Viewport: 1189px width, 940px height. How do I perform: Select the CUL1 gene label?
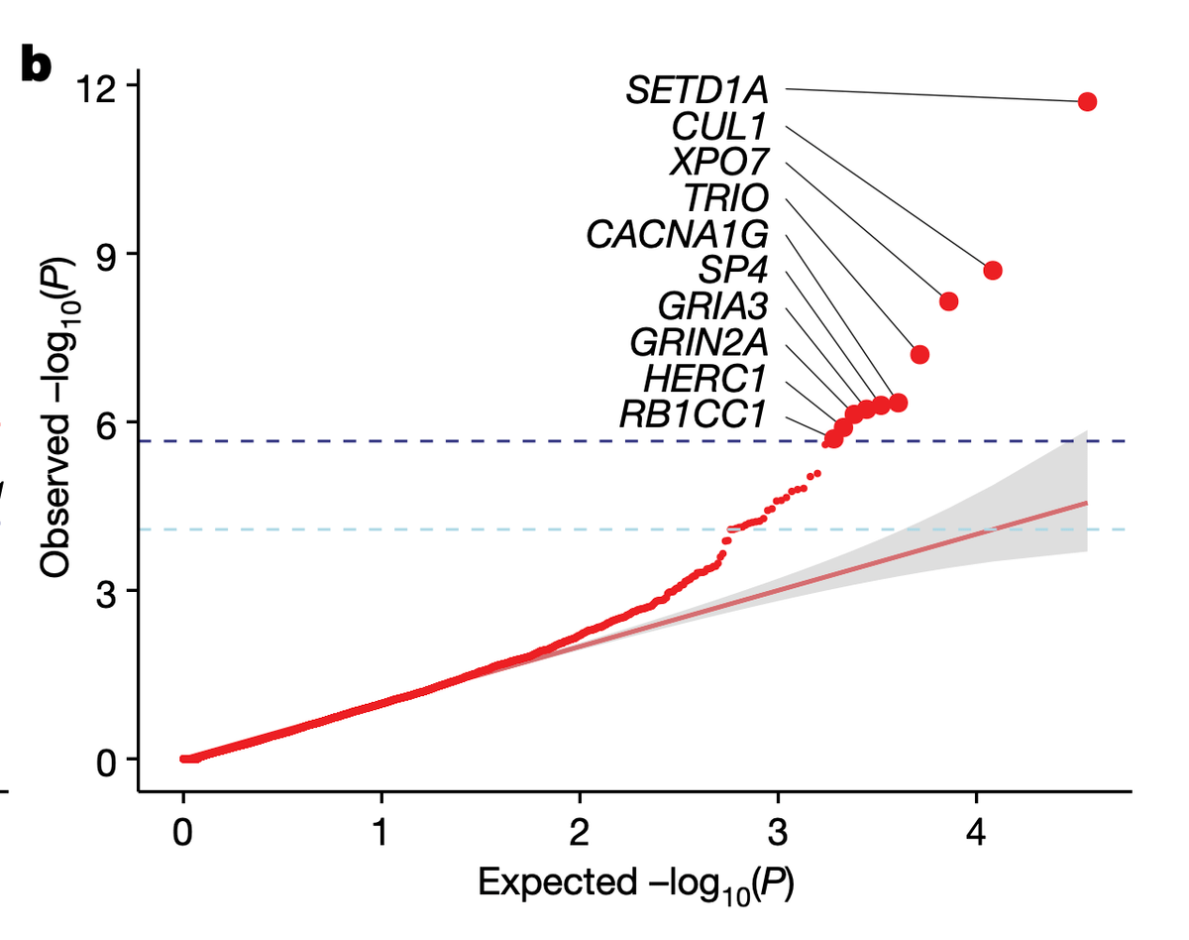click(719, 127)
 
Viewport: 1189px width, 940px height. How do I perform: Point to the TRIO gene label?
click(726, 198)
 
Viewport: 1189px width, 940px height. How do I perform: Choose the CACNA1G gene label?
click(677, 235)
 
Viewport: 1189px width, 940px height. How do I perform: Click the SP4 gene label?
click(733, 270)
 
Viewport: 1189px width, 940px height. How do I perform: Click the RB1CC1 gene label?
click(694, 412)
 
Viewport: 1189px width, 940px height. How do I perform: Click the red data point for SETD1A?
click(1087, 101)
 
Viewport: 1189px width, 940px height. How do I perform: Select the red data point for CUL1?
click(993, 271)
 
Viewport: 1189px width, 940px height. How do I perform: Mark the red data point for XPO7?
click(948, 301)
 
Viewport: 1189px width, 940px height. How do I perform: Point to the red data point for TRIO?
click(919, 354)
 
